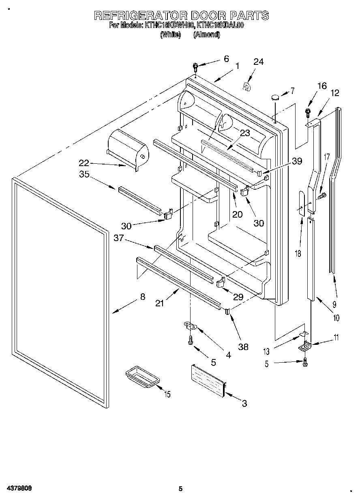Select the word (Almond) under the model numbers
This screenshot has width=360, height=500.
click(x=207, y=35)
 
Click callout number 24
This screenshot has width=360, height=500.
click(x=258, y=62)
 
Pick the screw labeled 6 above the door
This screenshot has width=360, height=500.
click(x=195, y=66)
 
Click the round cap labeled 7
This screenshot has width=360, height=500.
click(x=275, y=97)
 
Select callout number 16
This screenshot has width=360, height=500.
click(x=321, y=85)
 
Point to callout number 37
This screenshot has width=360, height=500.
click(x=119, y=238)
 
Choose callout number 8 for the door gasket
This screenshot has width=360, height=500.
click(x=142, y=297)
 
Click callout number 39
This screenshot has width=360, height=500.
click(x=297, y=161)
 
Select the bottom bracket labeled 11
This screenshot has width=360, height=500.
click(x=304, y=346)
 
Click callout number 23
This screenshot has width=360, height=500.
click(x=244, y=133)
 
